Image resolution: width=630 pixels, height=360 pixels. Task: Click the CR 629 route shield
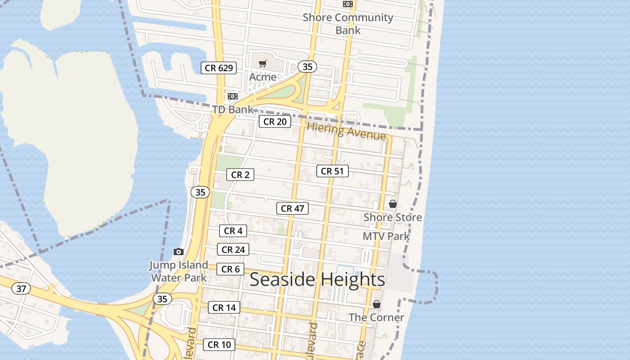coord(219,68)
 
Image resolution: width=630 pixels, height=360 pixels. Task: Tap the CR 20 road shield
coord(275,121)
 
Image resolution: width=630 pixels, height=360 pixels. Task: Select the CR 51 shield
coord(333,171)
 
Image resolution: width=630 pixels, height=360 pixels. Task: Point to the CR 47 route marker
coord(292,208)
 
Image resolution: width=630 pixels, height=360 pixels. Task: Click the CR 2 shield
coord(240,175)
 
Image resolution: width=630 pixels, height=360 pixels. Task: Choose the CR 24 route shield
coord(233,249)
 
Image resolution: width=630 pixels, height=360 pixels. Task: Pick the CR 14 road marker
coord(224,308)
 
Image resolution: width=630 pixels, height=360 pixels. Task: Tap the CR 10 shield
coord(219,345)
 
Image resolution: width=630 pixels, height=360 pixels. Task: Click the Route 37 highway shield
coord(21,288)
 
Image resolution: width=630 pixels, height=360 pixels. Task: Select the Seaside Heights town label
coord(317,279)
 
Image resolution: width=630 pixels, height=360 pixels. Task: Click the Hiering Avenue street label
coord(346,131)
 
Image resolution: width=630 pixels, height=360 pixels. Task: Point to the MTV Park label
coord(386,236)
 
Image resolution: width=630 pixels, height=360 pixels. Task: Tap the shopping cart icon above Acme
coord(263,64)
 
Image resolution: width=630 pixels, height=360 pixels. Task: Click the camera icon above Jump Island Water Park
coord(179,252)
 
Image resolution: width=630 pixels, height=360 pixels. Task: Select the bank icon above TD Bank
coord(232,96)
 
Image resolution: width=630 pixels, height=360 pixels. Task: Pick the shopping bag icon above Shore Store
coord(393,204)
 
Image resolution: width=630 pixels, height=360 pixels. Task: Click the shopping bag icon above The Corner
coord(377,305)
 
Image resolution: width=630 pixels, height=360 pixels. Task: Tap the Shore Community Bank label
coord(348,24)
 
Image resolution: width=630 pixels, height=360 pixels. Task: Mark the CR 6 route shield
coord(230,269)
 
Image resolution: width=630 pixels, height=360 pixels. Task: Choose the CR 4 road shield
coord(233,231)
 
